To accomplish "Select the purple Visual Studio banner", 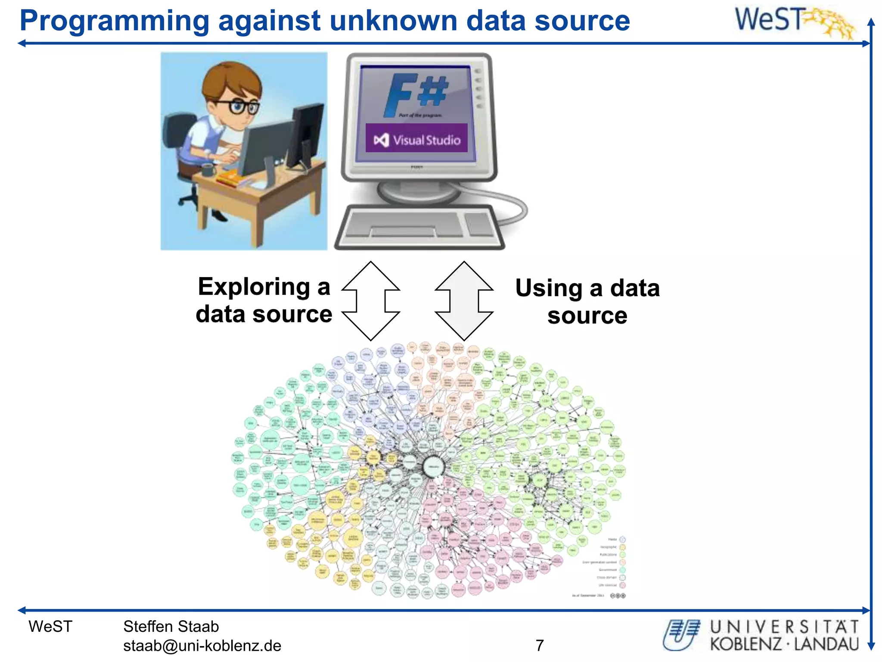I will tap(416, 138).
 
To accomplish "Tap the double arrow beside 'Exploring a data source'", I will tap(371, 300).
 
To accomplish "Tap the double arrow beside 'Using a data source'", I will tap(464, 300).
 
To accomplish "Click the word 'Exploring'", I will tap(254, 287).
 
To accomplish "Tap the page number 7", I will tap(540, 645).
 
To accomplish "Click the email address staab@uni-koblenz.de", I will tap(202, 646).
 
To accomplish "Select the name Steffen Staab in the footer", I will tap(171, 626).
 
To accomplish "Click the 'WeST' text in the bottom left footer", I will tap(50, 626).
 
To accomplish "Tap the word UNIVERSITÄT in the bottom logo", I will tap(784, 627).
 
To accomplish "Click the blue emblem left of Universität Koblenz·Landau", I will tap(681, 634).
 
